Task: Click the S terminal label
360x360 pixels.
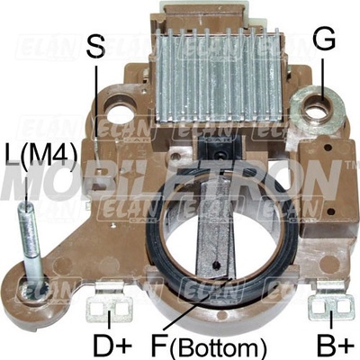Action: [x=96, y=47]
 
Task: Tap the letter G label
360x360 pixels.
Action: [x=324, y=39]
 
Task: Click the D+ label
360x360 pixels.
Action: [x=112, y=346]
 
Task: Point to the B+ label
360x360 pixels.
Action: [x=335, y=346]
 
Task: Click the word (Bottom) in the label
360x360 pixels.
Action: [x=218, y=347]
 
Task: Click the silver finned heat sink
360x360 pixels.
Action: [x=220, y=76]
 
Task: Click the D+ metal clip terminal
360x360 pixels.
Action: [x=110, y=301]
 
